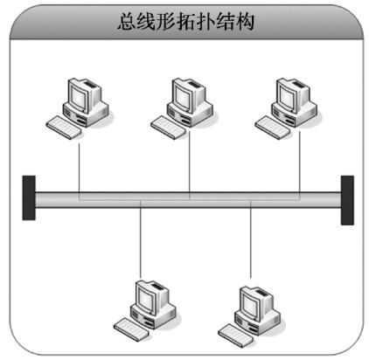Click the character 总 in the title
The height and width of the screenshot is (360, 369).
point(127,21)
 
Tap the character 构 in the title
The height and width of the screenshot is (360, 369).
point(245,21)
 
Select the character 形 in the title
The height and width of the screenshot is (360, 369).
point(166,21)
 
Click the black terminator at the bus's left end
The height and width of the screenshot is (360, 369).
point(29,197)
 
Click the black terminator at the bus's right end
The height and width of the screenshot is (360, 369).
point(347,200)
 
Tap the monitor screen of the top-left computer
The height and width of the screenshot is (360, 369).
point(78,97)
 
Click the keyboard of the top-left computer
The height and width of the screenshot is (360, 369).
point(64,128)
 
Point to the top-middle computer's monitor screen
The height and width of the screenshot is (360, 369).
point(183,97)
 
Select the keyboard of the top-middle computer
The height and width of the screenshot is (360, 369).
point(168,128)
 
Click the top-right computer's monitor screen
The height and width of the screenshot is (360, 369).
point(287,97)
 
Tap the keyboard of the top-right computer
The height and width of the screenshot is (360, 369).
point(272,128)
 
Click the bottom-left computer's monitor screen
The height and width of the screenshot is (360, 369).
point(145,299)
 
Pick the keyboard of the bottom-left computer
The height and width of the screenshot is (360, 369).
point(131,329)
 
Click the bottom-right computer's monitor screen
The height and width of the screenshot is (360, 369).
point(250,305)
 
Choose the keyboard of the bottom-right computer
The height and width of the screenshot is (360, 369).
point(236,336)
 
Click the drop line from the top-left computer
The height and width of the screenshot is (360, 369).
point(80,171)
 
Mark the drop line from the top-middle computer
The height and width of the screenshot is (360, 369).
point(190,165)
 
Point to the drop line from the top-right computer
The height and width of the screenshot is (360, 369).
point(299,165)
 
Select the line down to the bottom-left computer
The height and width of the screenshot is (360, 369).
point(141,239)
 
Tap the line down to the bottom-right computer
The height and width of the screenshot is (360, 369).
point(251,239)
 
